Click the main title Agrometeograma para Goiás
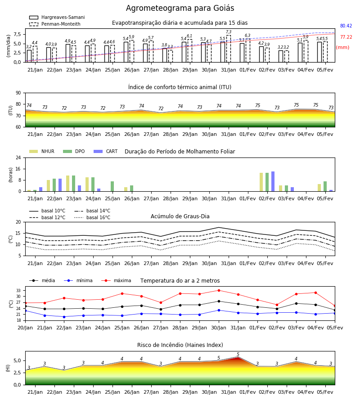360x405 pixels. click(x=180, y=8)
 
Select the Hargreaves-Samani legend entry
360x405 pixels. click(x=57, y=17)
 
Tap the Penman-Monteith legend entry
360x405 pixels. click(x=55, y=24)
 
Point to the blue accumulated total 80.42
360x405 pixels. click(x=346, y=26)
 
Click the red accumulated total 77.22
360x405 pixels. click(x=346, y=37)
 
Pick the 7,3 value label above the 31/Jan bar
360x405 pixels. click(x=229, y=32)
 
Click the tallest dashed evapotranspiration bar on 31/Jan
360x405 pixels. click(x=229, y=49)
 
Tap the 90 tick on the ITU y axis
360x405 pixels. click(x=18, y=93)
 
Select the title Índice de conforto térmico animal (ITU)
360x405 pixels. click(x=180, y=87)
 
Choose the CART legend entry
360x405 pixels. click(x=105, y=151)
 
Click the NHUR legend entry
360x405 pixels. click(x=41, y=151)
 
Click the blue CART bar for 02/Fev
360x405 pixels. click(x=273, y=181)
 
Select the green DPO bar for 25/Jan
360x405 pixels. click(x=112, y=186)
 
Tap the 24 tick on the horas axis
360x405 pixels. click(x=18, y=157)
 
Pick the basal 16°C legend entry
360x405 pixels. click(x=92, y=217)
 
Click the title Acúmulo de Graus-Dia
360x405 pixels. click(x=180, y=216)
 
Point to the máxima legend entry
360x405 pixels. click(x=116, y=280)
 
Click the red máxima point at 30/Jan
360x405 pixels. click(x=219, y=290)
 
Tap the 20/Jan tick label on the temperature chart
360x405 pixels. click(x=25, y=328)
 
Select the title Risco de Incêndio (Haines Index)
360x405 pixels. click(x=180, y=345)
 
